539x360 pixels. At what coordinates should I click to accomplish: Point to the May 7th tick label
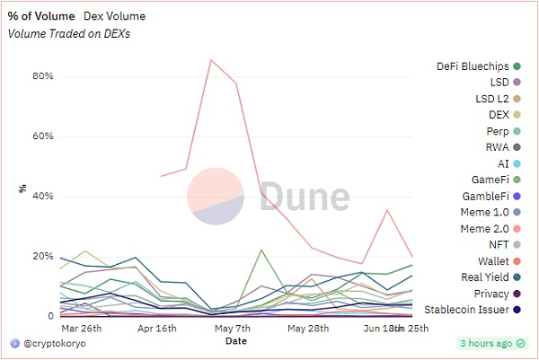232,329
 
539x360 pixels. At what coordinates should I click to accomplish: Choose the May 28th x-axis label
309,329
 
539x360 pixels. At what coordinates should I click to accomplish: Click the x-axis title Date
236,341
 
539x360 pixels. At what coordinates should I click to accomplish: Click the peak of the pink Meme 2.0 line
211,60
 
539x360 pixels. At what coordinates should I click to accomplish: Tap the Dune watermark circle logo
216,196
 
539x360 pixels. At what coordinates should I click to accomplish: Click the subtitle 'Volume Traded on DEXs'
67,33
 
